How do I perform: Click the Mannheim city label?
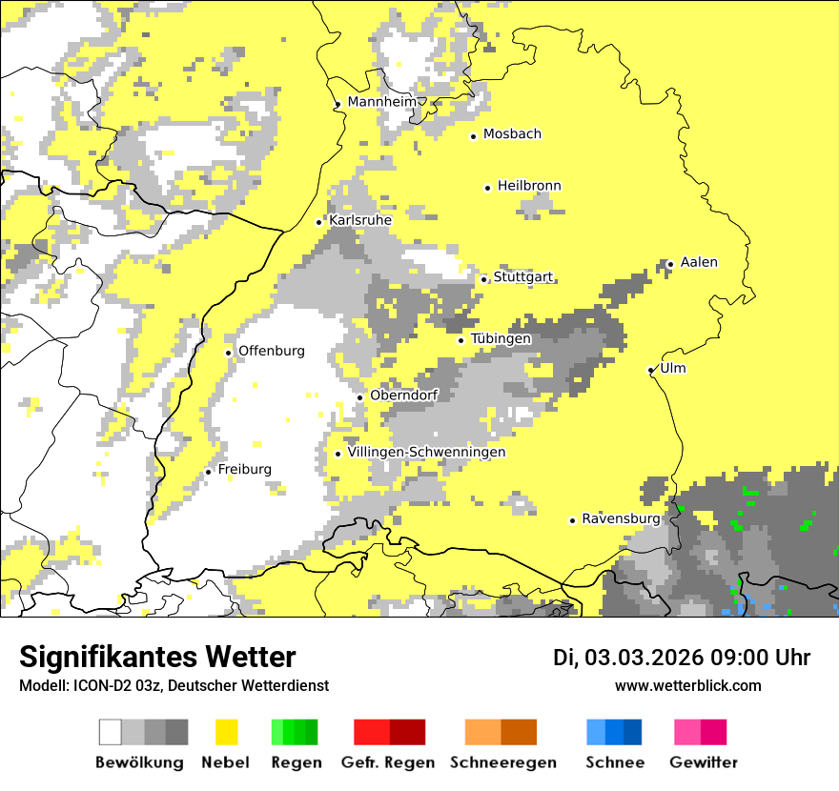click(382, 102)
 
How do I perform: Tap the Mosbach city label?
click(512, 134)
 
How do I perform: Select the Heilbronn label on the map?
click(529, 186)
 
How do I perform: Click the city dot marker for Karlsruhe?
click(319, 222)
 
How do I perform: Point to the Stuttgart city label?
click(523, 277)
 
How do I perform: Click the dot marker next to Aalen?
click(670, 264)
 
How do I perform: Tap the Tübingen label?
click(501, 338)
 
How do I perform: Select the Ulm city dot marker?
click(651, 370)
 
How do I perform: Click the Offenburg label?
click(272, 351)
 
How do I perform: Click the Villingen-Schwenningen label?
click(427, 452)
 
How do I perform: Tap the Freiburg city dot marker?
click(208, 472)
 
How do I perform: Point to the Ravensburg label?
click(621, 518)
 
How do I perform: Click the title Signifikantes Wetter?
click(157, 657)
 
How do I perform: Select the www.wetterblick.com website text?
click(687, 685)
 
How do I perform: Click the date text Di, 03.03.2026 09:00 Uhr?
click(682, 658)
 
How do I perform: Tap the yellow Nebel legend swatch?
click(226, 732)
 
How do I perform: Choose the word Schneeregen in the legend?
click(502, 762)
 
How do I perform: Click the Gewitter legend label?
click(703, 762)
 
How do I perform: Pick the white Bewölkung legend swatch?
click(111, 732)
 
